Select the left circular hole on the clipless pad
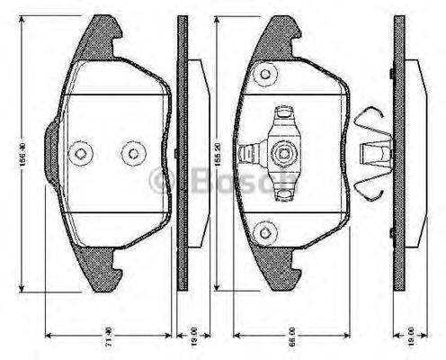tap(81, 153)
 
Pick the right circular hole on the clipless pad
tap(134, 153)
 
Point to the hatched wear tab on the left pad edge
tap(51, 152)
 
